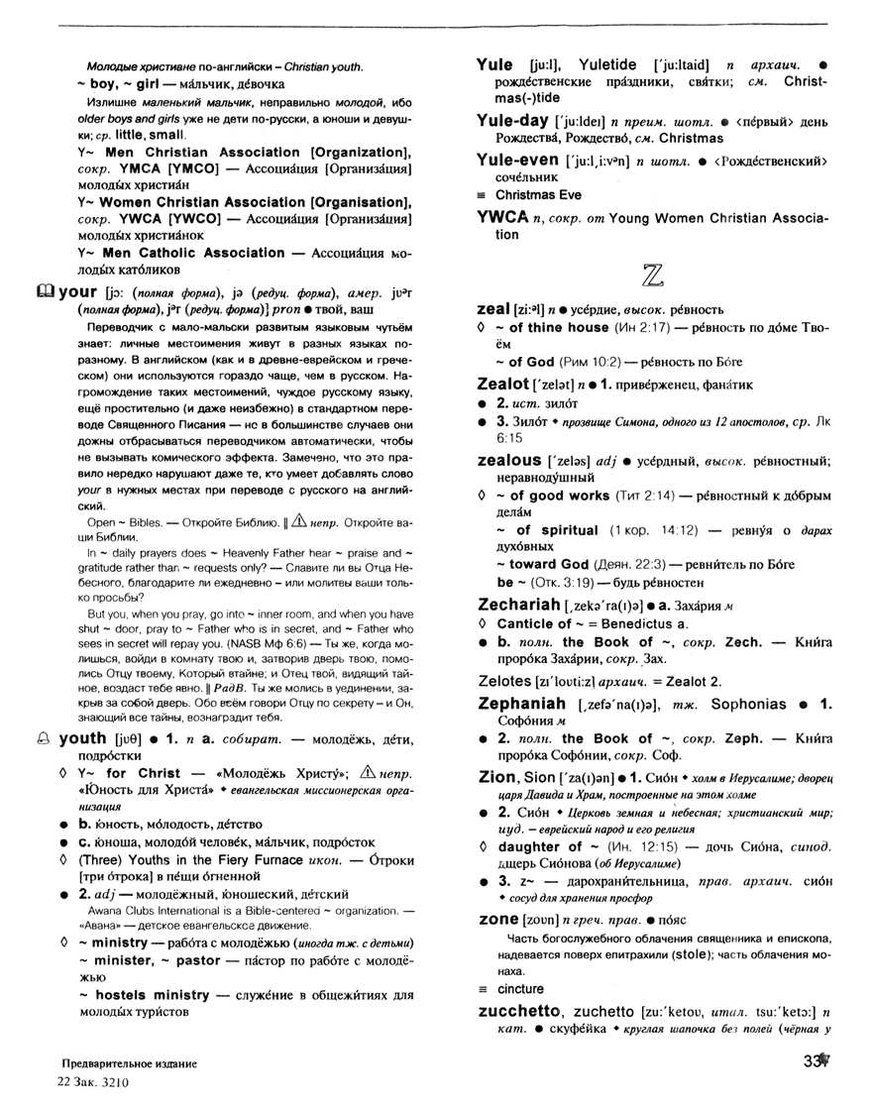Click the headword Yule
point(493,64)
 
